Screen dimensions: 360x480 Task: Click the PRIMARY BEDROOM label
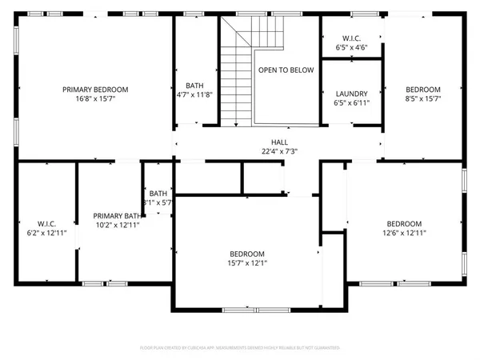coord(95,90)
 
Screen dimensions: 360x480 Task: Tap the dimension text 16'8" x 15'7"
coord(95,98)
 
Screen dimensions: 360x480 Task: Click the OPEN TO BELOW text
coord(286,70)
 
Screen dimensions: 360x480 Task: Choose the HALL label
coord(279,142)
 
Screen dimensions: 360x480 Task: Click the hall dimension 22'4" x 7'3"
coord(279,150)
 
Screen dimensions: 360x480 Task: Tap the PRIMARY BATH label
coord(117,216)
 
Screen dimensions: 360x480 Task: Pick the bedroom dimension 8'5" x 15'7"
coord(422,98)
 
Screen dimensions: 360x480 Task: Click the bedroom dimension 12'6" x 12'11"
coord(403,233)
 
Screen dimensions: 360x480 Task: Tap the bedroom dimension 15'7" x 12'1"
coord(246,263)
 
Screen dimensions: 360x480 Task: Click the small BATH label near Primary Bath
coord(158,194)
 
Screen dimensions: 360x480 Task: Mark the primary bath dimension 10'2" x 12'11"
coord(117,226)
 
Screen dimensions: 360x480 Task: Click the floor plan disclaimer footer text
coord(239,348)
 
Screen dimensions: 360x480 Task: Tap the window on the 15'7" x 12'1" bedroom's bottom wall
coord(246,310)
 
